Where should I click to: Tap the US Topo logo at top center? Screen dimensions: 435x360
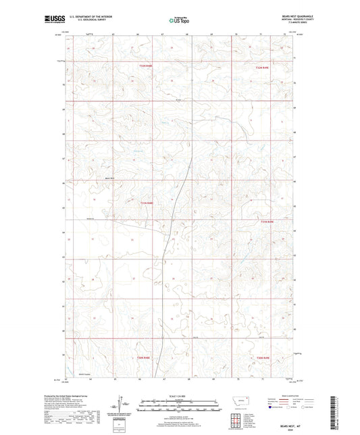tap(179, 20)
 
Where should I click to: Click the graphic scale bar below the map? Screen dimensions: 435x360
tap(180, 406)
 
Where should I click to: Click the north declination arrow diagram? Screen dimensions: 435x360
tap(126, 404)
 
